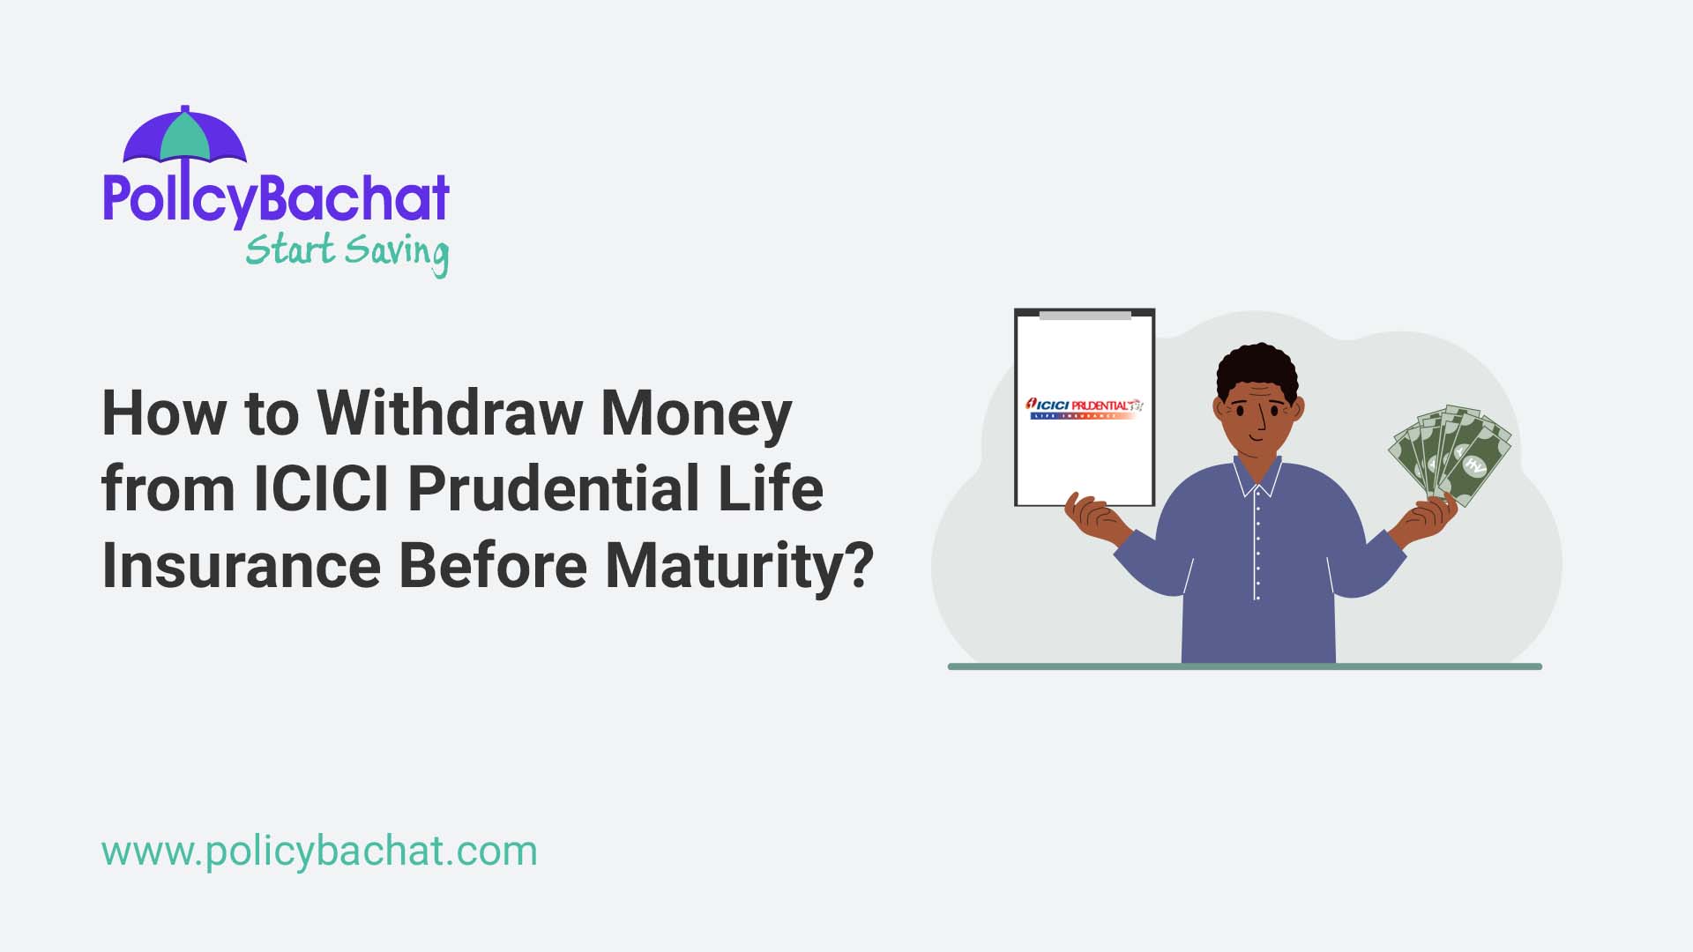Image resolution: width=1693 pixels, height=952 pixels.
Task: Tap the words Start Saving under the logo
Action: (347, 251)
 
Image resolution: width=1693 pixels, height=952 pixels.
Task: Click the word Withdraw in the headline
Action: (450, 413)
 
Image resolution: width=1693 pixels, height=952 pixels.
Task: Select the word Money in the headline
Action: (696, 413)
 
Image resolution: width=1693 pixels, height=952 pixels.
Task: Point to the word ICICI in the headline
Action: (321, 488)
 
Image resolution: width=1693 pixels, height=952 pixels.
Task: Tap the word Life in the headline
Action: (771, 488)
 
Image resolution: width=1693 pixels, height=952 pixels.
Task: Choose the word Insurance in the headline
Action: (241, 565)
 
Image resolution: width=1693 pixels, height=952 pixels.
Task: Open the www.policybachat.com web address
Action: (319, 852)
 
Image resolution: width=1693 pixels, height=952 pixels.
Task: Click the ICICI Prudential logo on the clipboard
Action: (1084, 408)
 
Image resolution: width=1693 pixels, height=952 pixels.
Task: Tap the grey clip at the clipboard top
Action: (1085, 315)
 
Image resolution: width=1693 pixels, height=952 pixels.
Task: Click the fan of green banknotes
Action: (1449, 452)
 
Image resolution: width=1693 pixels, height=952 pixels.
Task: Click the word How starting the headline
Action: (164, 413)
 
